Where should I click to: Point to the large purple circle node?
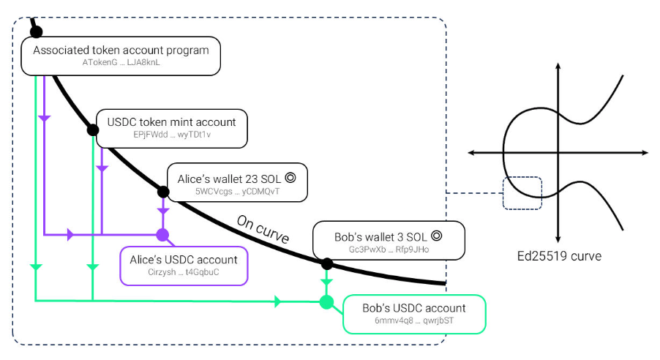[x=163, y=235]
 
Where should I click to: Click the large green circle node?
[x=326, y=302]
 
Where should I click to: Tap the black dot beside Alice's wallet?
[x=163, y=192]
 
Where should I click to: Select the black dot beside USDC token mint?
[x=93, y=130]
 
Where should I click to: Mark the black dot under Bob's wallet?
[x=327, y=264]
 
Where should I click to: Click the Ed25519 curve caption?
[x=559, y=256]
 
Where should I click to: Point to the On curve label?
[x=263, y=229]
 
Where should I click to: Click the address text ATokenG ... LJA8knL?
[x=121, y=62]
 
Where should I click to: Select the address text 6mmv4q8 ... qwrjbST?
[x=414, y=320]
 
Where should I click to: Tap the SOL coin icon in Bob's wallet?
[x=437, y=236]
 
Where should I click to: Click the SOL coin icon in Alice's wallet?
[x=290, y=178]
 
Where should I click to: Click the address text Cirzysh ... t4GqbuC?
[x=184, y=272]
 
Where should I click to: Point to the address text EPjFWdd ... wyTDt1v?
[x=172, y=135]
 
